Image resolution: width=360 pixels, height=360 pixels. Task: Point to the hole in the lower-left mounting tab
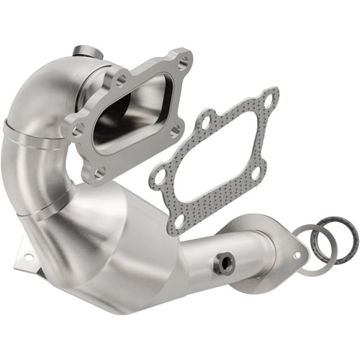pyautogui.click(x=28, y=256)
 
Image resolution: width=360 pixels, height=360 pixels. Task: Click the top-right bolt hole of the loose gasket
pyautogui.click(x=268, y=101)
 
